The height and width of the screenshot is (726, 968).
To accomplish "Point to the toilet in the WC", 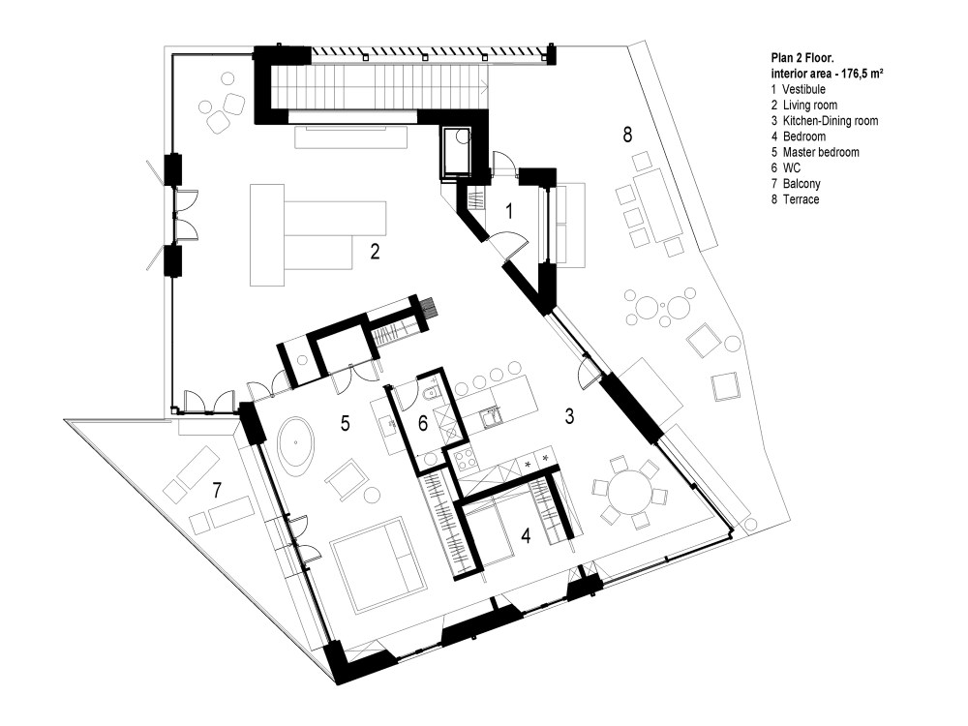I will (431, 393).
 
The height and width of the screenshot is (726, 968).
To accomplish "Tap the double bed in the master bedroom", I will (377, 564).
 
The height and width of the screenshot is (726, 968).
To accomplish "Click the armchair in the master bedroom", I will (346, 476).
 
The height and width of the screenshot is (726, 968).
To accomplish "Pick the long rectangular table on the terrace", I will (662, 204).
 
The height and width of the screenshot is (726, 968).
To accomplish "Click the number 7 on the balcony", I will (218, 491).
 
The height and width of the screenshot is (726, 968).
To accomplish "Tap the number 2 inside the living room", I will (374, 253).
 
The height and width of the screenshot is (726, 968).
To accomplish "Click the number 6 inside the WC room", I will (422, 423).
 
